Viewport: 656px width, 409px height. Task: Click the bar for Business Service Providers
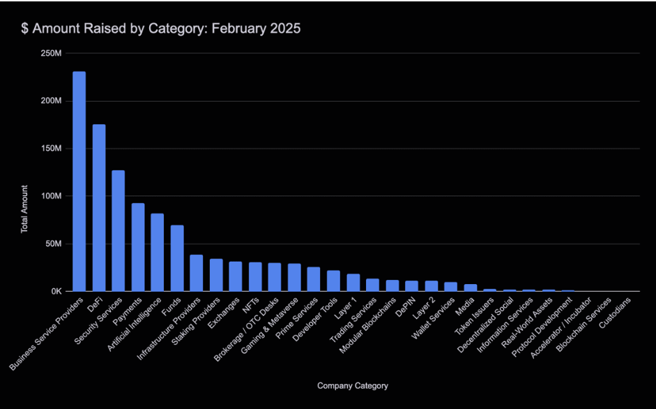pyautogui.click(x=79, y=181)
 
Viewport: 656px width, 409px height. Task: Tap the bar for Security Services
pyautogui.click(x=119, y=231)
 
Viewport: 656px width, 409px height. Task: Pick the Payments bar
pyautogui.click(x=138, y=247)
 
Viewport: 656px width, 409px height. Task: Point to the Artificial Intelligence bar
pyautogui.click(x=158, y=253)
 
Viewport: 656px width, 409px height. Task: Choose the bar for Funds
pyautogui.click(x=177, y=258)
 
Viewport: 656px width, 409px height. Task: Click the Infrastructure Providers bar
pyautogui.click(x=197, y=273)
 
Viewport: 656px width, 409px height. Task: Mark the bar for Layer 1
pyautogui.click(x=353, y=283)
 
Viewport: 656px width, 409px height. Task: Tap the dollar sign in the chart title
pyautogui.click(x=24, y=29)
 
